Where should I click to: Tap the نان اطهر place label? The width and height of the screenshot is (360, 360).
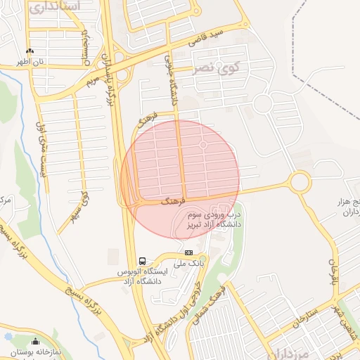pyautogui.click(x=31, y=62)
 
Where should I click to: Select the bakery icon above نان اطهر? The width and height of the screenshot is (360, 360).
pyautogui.click(x=30, y=51)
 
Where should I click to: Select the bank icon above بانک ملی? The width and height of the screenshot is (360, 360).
pyautogui.click(x=188, y=252)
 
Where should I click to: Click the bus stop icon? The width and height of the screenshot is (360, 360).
pyautogui.click(x=143, y=261)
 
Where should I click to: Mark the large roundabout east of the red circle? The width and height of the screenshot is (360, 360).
pyautogui.click(x=300, y=182)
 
